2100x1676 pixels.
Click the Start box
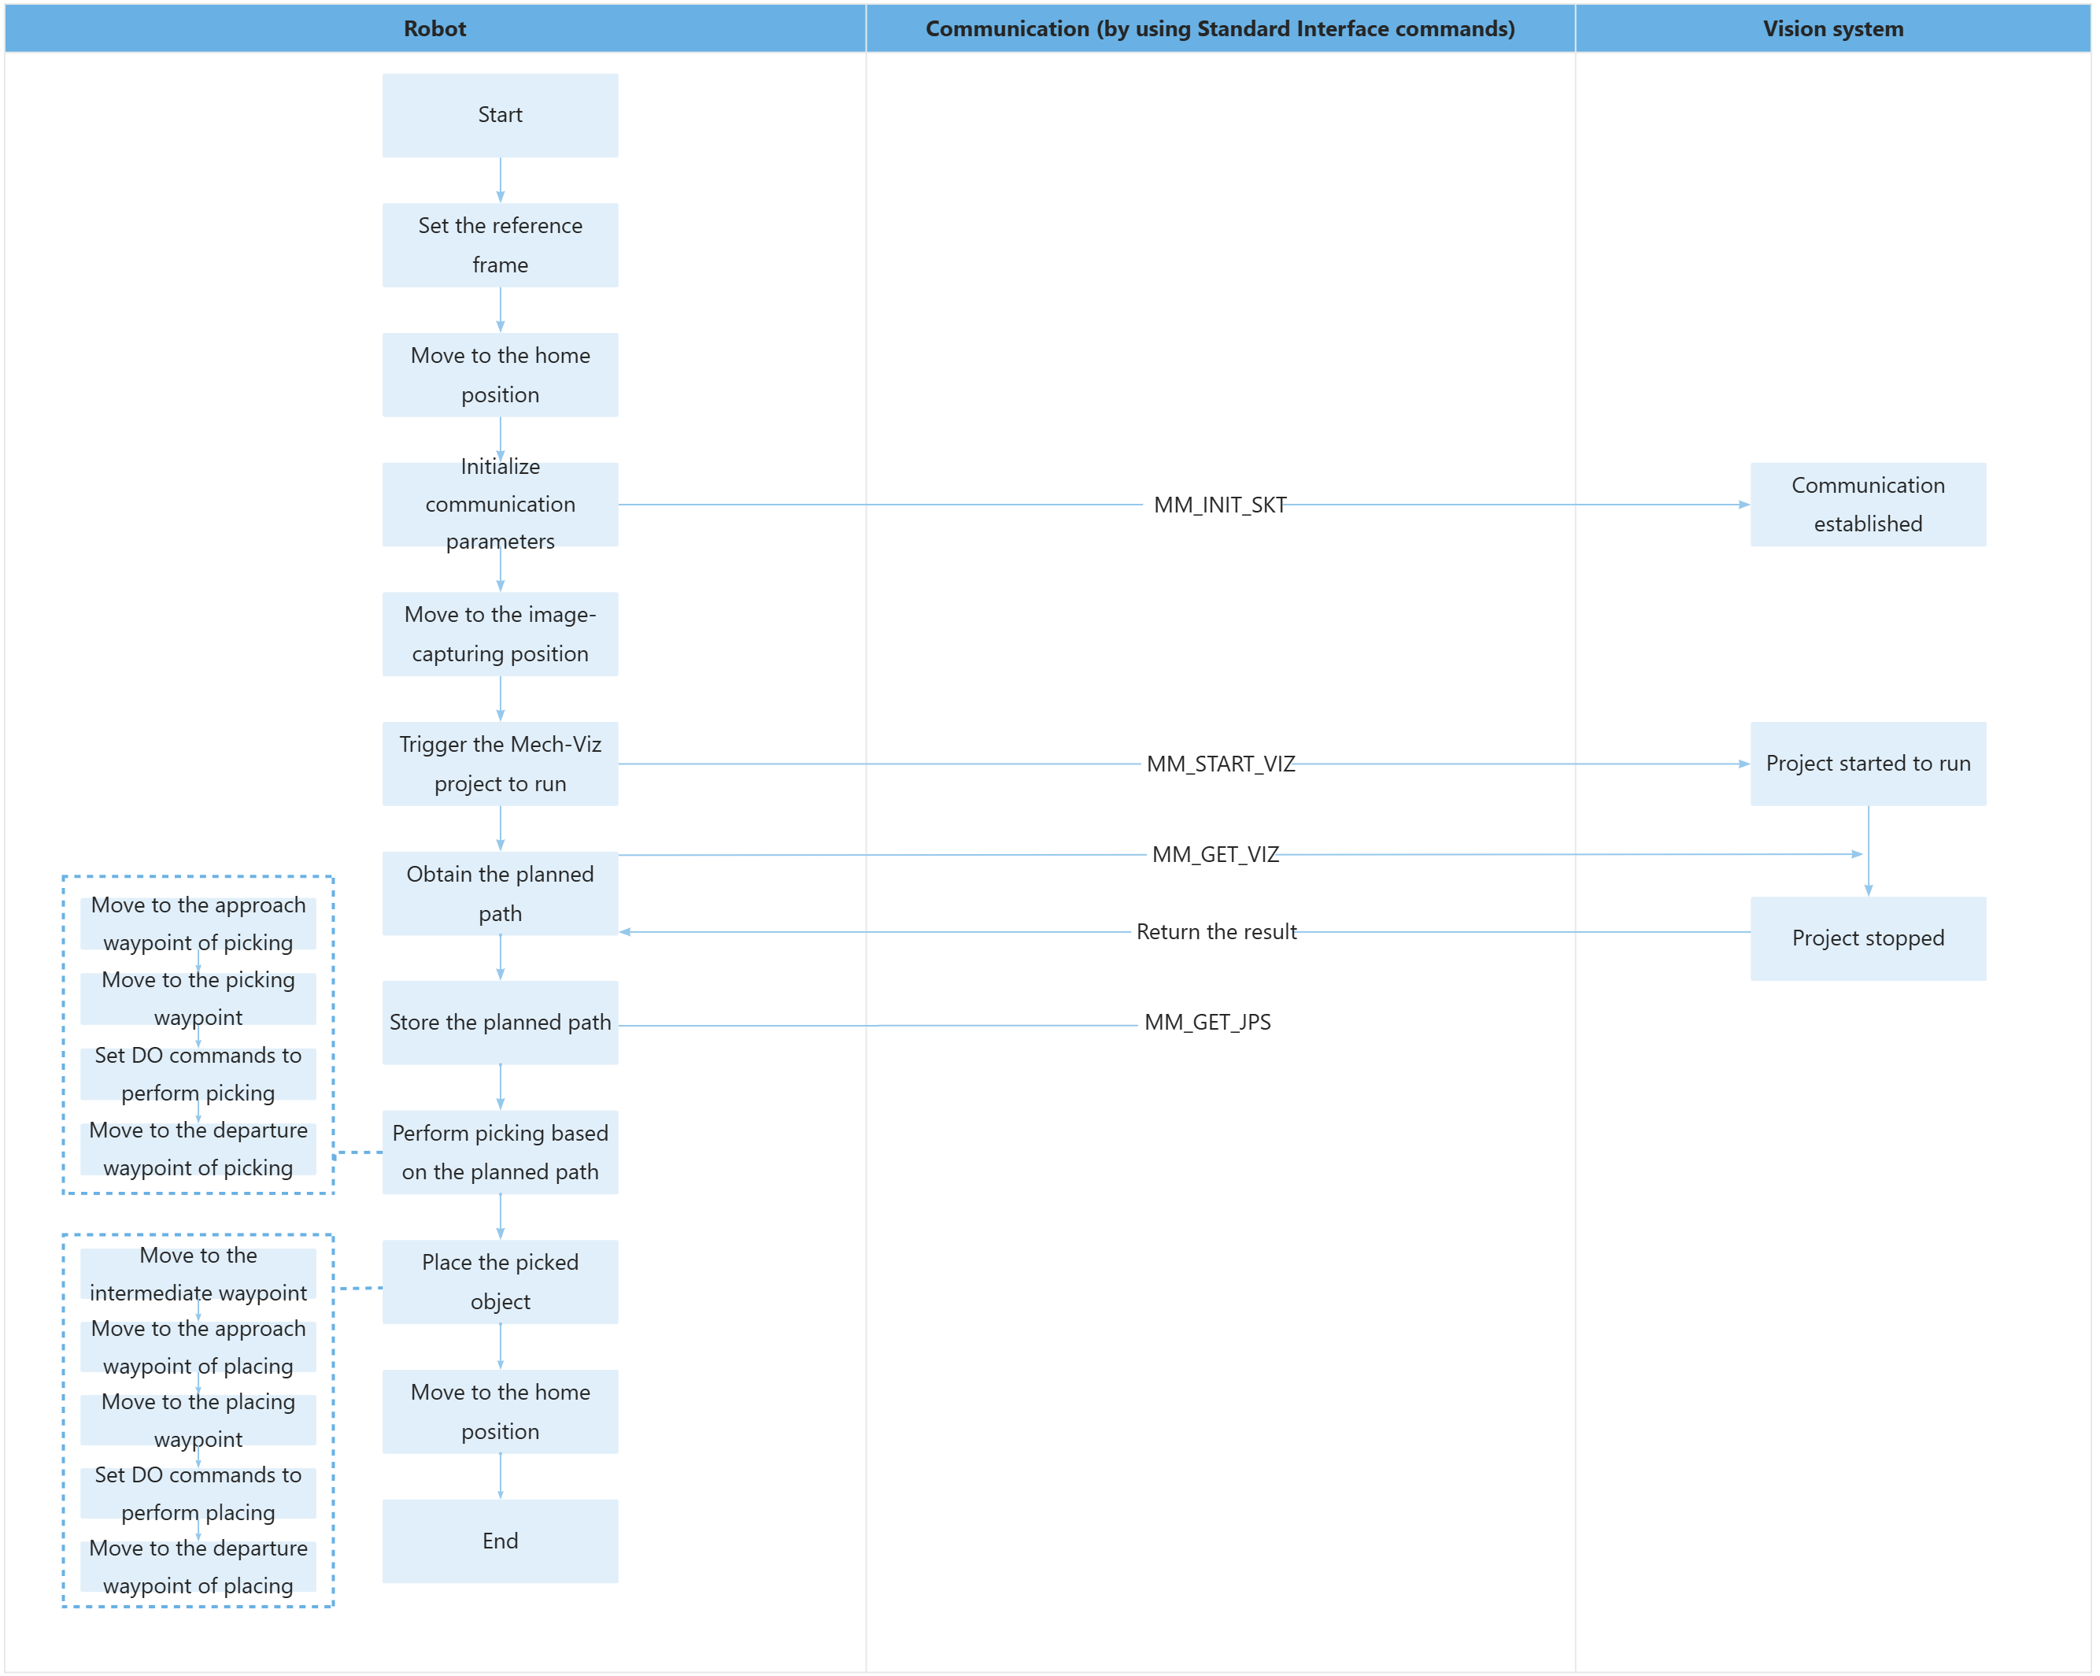(x=500, y=115)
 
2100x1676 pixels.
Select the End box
(x=500, y=1541)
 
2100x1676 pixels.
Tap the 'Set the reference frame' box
(x=500, y=245)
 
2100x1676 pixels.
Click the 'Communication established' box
(x=1867, y=504)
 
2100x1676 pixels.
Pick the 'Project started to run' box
(x=1867, y=763)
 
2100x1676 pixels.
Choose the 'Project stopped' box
(x=1867, y=938)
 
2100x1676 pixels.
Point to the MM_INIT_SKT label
(x=1219, y=505)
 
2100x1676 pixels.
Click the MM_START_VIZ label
(x=1219, y=764)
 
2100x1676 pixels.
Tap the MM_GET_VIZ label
(x=1215, y=855)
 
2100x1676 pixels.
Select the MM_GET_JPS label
(x=1207, y=1022)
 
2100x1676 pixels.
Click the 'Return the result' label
(x=1215, y=931)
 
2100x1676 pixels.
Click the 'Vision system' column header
(x=1832, y=28)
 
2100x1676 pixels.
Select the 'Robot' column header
(x=434, y=28)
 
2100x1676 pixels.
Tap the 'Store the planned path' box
(x=500, y=1022)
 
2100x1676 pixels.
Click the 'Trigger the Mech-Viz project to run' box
(x=500, y=763)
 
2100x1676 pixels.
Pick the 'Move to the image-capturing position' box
(x=500, y=634)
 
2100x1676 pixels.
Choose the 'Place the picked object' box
(x=500, y=1282)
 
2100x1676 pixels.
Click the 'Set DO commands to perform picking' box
(x=198, y=1074)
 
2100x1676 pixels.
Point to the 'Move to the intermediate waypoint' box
(x=198, y=1274)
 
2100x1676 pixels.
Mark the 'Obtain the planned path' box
(x=500, y=893)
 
